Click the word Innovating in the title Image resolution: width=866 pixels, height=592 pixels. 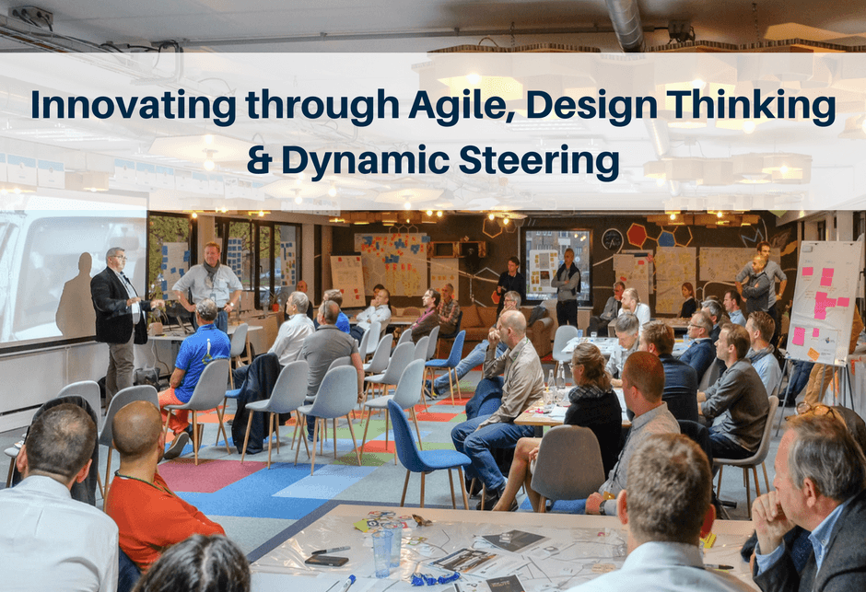(x=134, y=105)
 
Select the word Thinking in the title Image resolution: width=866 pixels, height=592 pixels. (x=751, y=105)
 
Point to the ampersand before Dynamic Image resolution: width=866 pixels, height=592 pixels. (x=260, y=160)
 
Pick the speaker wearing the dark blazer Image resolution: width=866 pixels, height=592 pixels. (x=118, y=320)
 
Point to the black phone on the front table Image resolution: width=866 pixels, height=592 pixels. (x=326, y=561)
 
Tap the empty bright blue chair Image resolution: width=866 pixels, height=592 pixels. (x=425, y=452)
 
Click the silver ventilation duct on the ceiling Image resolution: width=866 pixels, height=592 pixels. (x=625, y=25)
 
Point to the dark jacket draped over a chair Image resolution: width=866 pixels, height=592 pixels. (x=257, y=400)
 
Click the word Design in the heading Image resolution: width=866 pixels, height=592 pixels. (x=591, y=105)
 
